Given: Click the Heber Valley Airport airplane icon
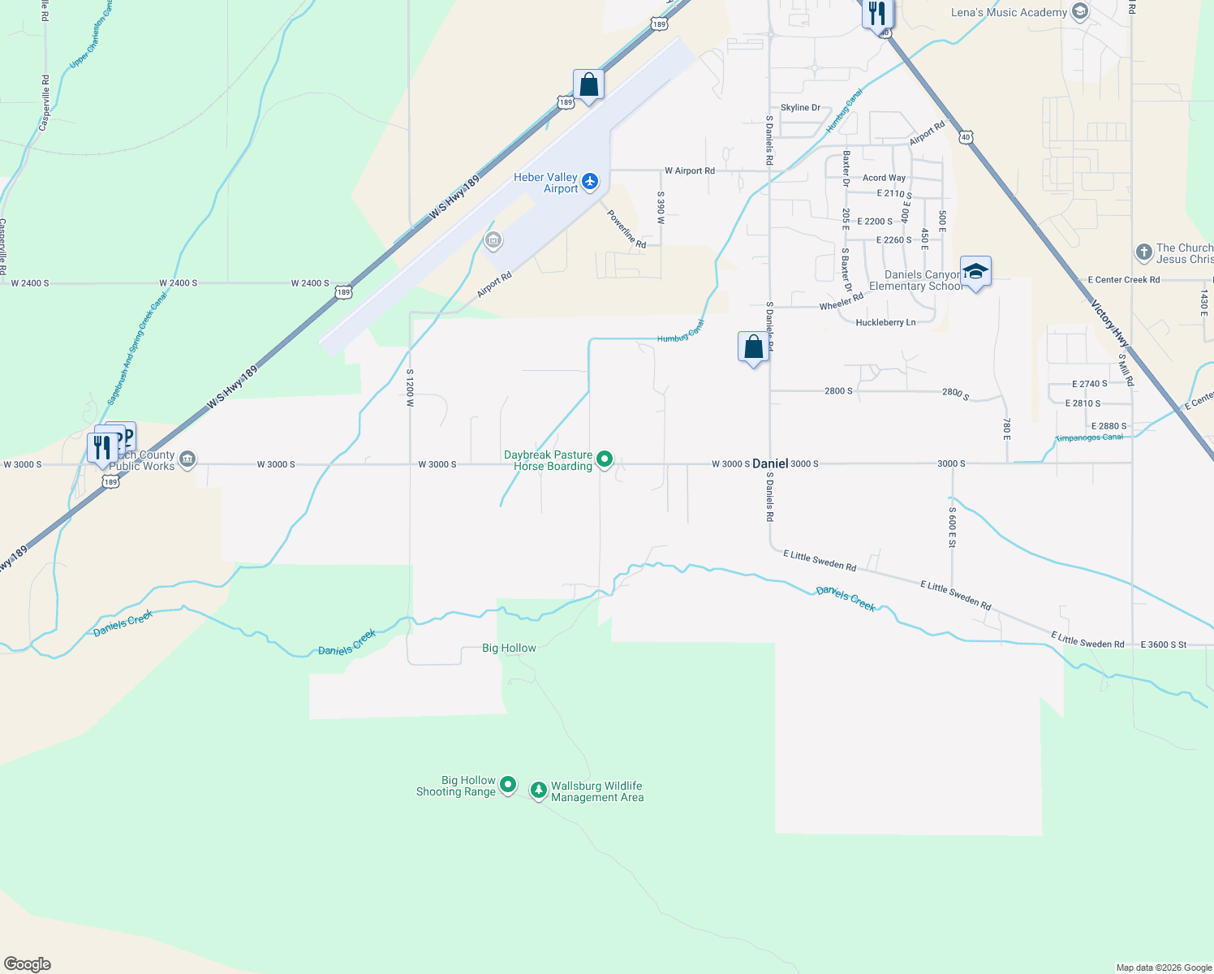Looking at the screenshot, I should (590, 181).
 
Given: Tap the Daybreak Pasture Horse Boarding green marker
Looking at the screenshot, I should (605, 460).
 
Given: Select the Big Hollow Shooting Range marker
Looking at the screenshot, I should (508, 785).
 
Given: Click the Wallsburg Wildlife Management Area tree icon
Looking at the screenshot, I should (538, 790).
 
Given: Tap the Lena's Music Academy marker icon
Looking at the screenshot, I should (1079, 11).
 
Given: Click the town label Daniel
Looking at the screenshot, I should (770, 463).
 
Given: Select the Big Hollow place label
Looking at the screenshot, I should (509, 648).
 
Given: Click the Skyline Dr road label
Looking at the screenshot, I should (800, 107).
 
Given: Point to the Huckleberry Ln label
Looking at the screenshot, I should (885, 322).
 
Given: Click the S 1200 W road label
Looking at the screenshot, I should (410, 387).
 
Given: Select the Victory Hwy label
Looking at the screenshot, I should (1109, 324).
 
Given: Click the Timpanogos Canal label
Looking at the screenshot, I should (1089, 437).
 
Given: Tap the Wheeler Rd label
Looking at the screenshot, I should (841, 302).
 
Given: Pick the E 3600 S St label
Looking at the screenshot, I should (1163, 644).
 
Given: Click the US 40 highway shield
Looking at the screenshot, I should (965, 137).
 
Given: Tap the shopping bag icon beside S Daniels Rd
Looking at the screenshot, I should (753, 347).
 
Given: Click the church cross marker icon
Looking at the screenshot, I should (1143, 252).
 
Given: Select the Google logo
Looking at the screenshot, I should (27, 964).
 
